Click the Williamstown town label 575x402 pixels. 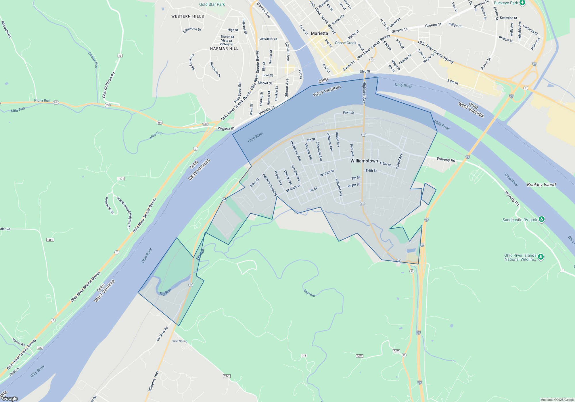(364, 161)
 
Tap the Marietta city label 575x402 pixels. (319, 33)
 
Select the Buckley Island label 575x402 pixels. (541, 185)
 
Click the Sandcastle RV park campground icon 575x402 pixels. (542, 219)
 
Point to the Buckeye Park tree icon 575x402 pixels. (522, 3)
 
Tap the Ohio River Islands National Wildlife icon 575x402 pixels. (541, 257)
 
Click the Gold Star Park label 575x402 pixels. (212, 4)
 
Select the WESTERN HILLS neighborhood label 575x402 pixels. (187, 16)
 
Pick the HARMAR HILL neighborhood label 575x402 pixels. (224, 49)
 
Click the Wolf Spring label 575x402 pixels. (180, 341)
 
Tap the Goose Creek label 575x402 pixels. (345, 43)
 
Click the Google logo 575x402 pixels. (10, 398)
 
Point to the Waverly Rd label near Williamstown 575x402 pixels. (446, 159)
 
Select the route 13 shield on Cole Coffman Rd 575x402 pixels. (120, 56)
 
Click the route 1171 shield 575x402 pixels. (121, 179)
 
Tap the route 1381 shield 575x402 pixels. (50, 240)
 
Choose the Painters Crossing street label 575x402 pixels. (269, 185)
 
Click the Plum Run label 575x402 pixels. (42, 100)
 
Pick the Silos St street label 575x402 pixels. (254, 183)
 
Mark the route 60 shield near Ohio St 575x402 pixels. (372, 59)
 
